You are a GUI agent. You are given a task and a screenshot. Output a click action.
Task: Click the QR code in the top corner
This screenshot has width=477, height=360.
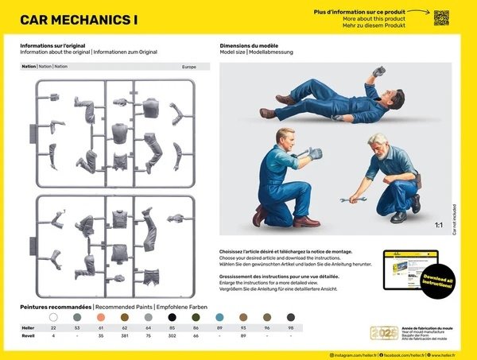click(x=442, y=17)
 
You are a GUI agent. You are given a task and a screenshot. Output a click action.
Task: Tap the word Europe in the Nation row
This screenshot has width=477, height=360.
click(x=188, y=67)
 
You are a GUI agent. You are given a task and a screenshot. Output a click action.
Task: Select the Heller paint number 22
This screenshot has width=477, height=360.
click(x=53, y=327)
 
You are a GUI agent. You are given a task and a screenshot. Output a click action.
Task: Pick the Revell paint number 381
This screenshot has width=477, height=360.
click(x=125, y=336)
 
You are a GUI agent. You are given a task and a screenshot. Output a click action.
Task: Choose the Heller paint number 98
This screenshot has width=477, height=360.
click(x=291, y=327)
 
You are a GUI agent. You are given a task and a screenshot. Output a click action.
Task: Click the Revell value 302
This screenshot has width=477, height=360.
click(x=172, y=336)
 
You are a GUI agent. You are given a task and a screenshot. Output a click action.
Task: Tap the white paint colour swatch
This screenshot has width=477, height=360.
click(x=53, y=316)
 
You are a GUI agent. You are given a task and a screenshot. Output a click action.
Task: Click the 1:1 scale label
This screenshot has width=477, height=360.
click(x=438, y=225)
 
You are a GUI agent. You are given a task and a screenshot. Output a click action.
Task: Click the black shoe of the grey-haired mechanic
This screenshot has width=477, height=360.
click(x=398, y=217)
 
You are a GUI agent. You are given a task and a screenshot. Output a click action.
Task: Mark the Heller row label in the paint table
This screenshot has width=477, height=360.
click(x=28, y=327)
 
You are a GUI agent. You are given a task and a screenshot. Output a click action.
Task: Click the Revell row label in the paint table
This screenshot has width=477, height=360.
click(x=28, y=336)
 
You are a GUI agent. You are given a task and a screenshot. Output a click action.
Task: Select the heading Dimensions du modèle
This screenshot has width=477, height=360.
click(x=251, y=46)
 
